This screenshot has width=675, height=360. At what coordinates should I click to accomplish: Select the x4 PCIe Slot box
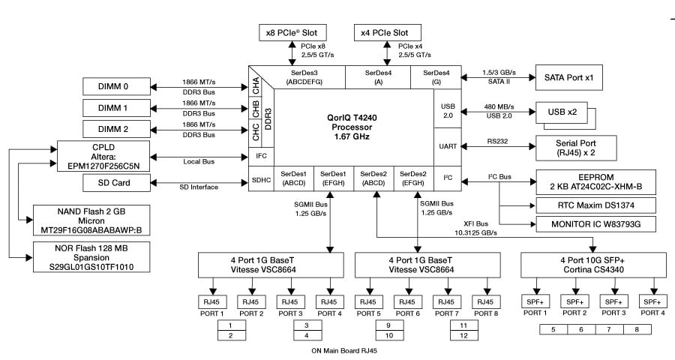[x=385, y=33]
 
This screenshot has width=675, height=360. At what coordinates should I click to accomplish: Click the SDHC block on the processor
[x=259, y=181]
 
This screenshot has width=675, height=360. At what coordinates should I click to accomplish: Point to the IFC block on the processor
[x=259, y=157]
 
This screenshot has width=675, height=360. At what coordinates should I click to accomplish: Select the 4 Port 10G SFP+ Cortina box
[x=592, y=265]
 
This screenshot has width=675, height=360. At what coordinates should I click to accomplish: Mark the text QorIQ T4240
[x=350, y=117]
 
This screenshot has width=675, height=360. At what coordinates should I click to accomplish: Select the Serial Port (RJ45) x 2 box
[x=575, y=147]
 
